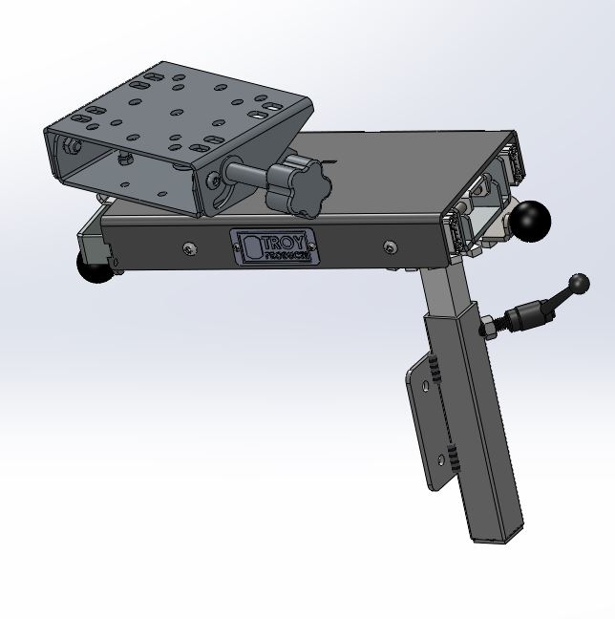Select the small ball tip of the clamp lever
(x=580, y=282)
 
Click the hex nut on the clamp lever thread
(x=487, y=328)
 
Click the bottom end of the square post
(x=498, y=535)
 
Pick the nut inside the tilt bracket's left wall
(x=72, y=147)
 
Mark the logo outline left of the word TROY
(x=251, y=246)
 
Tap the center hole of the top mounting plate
(x=178, y=113)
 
